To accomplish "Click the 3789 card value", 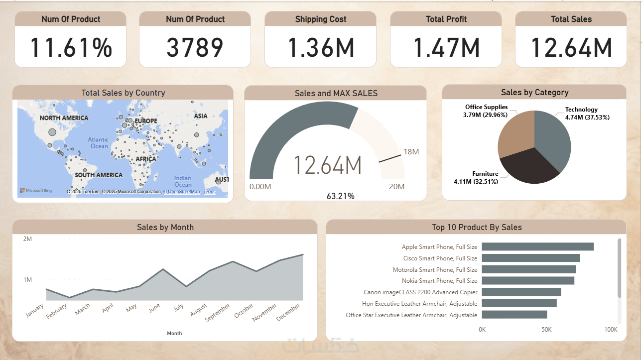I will click(195, 48).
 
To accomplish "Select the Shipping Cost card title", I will click(320, 19).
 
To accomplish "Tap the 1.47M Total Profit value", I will click(446, 48).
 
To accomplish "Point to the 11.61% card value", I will click(71, 48).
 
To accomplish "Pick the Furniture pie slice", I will click(528, 167).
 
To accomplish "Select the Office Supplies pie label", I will click(486, 111).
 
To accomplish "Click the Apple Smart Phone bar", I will click(537, 246).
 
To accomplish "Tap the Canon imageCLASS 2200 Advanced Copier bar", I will click(521, 292).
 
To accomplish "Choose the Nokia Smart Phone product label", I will click(439, 281).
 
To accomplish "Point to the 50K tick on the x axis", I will click(546, 330).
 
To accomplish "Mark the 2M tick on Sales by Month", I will click(27, 239).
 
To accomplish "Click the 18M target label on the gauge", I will click(411, 152).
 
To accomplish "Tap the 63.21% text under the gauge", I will click(340, 196).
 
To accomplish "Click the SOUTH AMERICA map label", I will click(99, 175).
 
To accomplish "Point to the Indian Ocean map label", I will click(182, 181).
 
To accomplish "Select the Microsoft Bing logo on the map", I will click(36, 191).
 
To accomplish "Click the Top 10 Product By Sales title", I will click(476, 228).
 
